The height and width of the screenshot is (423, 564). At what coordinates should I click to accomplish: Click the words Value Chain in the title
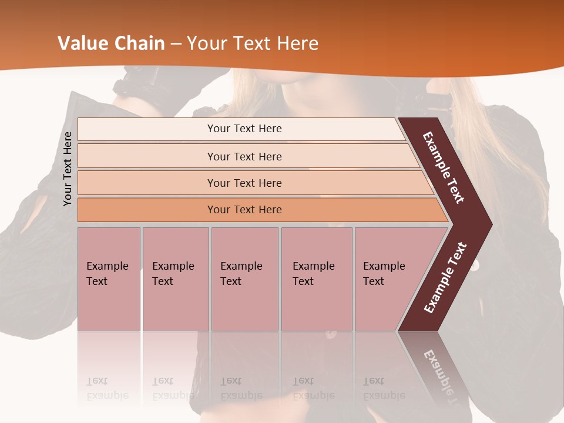click(x=111, y=43)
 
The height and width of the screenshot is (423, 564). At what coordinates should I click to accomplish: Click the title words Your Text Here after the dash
click(x=253, y=43)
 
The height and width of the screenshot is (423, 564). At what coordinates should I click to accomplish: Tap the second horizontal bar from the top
click(x=244, y=156)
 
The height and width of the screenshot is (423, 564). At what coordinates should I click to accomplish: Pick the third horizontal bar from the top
click(x=244, y=183)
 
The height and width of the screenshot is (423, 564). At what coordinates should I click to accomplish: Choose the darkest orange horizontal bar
click(x=244, y=210)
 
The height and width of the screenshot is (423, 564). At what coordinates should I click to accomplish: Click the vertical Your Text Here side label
click(x=68, y=169)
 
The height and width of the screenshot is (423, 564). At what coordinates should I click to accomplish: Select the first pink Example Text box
click(x=109, y=279)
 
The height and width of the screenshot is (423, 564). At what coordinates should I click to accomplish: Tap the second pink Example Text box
click(x=175, y=279)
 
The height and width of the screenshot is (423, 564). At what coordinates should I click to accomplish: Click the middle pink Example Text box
click(x=244, y=279)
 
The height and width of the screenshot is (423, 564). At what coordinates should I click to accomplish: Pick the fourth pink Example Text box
click(x=316, y=279)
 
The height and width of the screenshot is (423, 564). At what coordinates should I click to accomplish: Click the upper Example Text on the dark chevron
click(x=444, y=167)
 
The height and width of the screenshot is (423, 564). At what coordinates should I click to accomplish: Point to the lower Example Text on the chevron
click(x=445, y=277)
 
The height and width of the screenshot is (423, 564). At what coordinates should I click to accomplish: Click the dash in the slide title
click(x=176, y=43)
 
